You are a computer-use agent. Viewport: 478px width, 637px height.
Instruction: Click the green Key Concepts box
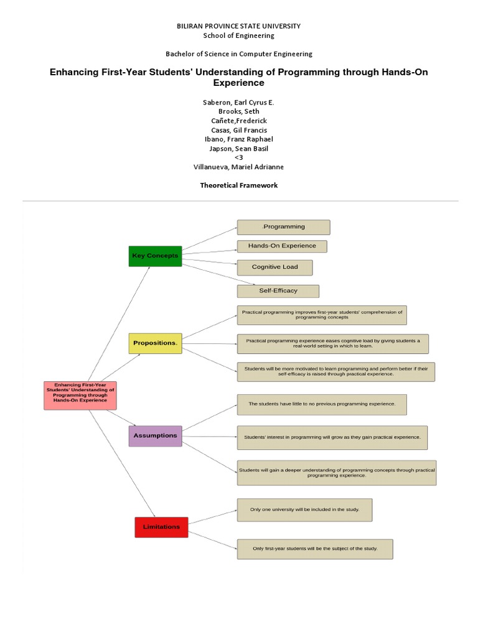pos(155,256)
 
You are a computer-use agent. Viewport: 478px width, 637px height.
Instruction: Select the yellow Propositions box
pos(155,343)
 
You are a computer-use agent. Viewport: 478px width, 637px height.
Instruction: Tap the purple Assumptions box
pos(155,435)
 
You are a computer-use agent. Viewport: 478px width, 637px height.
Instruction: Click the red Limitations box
pos(161,527)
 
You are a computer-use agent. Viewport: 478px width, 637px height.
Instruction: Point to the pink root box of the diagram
pos(80,395)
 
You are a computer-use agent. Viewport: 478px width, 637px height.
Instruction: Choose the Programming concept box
pos(283,227)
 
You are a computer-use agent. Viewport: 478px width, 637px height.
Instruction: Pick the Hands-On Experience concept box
pos(282,246)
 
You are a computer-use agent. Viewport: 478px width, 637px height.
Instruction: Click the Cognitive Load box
pos(274,267)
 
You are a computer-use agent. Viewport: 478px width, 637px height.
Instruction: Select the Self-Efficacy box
pos(278,291)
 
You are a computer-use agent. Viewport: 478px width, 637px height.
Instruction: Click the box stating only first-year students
pos(315,549)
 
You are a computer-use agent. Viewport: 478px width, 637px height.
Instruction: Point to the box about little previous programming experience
pos(322,404)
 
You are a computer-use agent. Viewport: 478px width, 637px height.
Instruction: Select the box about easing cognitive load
pos(333,343)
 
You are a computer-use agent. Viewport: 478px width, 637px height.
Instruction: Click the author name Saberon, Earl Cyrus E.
pos(239,102)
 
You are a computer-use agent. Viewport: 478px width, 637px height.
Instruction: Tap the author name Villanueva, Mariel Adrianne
pos(239,167)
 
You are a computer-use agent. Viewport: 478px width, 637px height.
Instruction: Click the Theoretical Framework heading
pos(239,185)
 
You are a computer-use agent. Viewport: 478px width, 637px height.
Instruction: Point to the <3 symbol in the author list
pos(239,158)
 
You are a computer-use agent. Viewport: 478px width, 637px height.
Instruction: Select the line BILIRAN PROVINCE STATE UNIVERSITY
pos(239,26)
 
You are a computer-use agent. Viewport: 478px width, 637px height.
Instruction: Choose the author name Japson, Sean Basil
pos(239,149)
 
